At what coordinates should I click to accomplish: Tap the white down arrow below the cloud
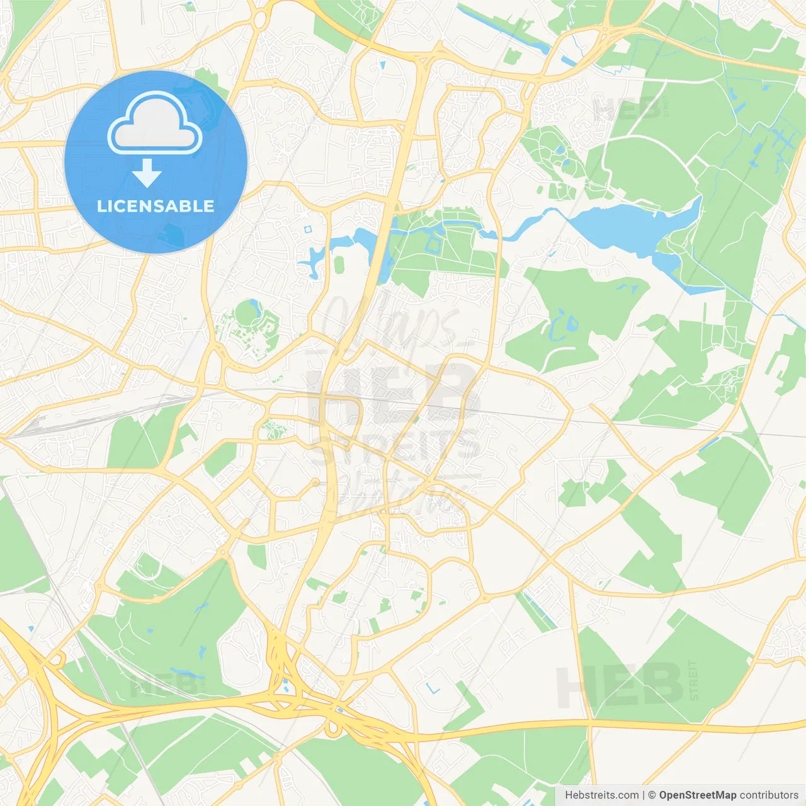[147, 173]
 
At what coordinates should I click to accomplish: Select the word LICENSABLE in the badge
[156, 206]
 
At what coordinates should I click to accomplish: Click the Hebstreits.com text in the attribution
[601, 795]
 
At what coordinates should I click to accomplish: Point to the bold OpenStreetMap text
[697, 795]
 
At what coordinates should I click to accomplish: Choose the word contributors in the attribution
[769, 795]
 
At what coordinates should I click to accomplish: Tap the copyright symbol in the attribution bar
[652, 795]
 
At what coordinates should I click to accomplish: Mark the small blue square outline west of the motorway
[308, 230]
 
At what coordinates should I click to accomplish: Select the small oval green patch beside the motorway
[339, 264]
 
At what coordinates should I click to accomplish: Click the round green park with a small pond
[248, 312]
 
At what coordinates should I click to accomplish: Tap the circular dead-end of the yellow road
[315, 483]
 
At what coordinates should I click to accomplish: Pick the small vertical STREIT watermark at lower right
[693, 681]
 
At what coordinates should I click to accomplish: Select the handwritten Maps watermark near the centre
[390, 321]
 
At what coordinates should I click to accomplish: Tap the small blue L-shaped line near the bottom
[433, 688]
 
